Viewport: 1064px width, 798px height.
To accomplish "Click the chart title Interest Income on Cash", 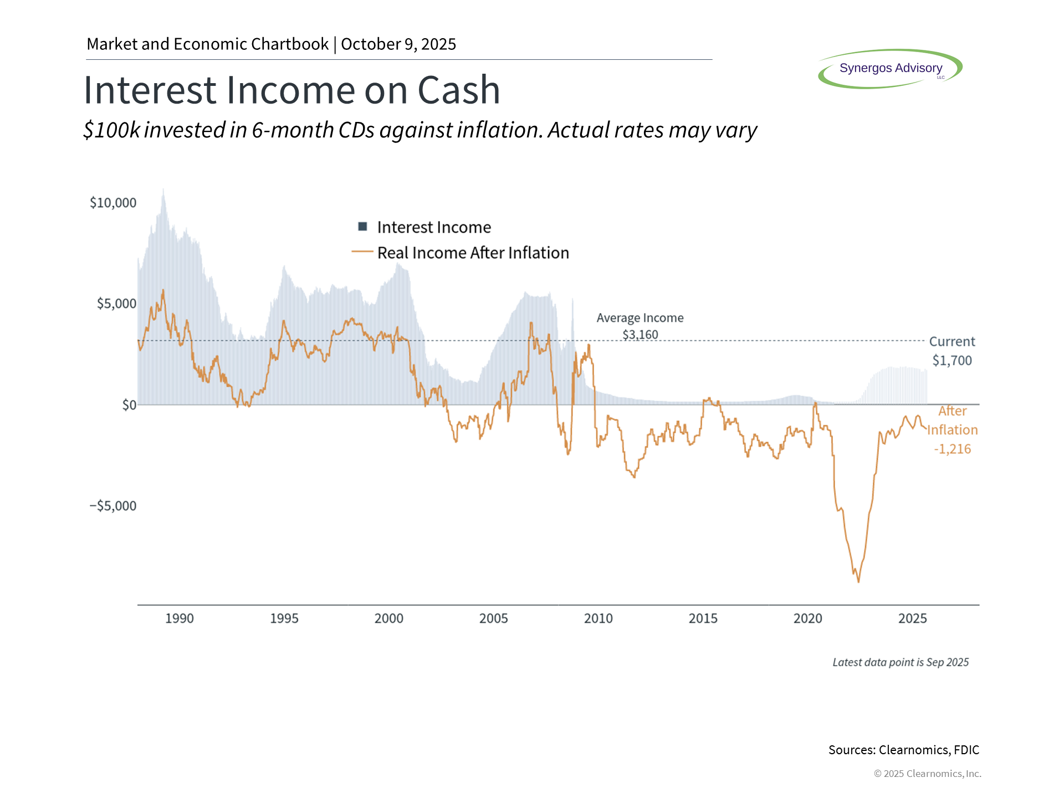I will point(291,90).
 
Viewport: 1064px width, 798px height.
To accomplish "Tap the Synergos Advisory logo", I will point(890,68).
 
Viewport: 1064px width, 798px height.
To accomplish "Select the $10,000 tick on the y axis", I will point(113,203).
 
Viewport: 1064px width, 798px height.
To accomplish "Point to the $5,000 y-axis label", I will point(116,304).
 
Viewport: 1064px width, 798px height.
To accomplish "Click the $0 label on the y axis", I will point(129,405).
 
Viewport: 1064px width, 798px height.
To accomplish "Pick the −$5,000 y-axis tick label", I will point(113,506).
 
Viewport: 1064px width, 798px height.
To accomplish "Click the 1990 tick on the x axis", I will point(180,618).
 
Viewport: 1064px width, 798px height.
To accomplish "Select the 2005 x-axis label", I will point(493,618).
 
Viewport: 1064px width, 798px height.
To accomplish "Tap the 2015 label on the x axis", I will point(703,618).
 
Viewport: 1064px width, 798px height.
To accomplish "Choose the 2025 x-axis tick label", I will point(912,618).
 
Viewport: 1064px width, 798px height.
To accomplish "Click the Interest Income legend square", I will point(363,226).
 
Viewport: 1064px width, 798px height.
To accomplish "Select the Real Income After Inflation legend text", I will point(473,253).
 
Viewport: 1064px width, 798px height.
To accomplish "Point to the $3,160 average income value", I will point(640,335).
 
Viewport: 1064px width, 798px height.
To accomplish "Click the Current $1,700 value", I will point(952,360).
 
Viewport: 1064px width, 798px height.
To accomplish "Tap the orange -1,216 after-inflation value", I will point(952,449).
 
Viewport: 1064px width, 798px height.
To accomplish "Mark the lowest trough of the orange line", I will point(858,582).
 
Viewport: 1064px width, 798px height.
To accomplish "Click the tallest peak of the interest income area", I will point(163,190).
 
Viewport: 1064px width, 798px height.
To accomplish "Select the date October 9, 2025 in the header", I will point(398,44).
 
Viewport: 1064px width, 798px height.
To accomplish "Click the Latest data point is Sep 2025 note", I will point(901,662).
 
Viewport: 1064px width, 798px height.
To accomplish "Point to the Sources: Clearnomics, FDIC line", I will point(903,750).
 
